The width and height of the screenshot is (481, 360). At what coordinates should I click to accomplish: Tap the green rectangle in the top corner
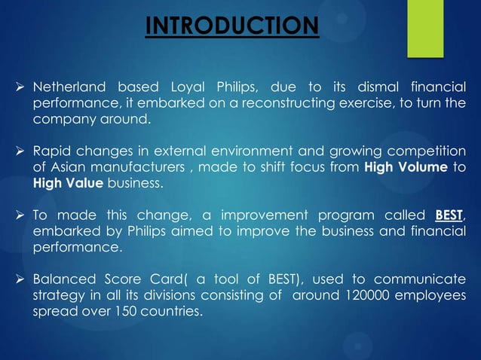425,28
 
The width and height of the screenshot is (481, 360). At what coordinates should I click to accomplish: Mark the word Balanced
63,280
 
